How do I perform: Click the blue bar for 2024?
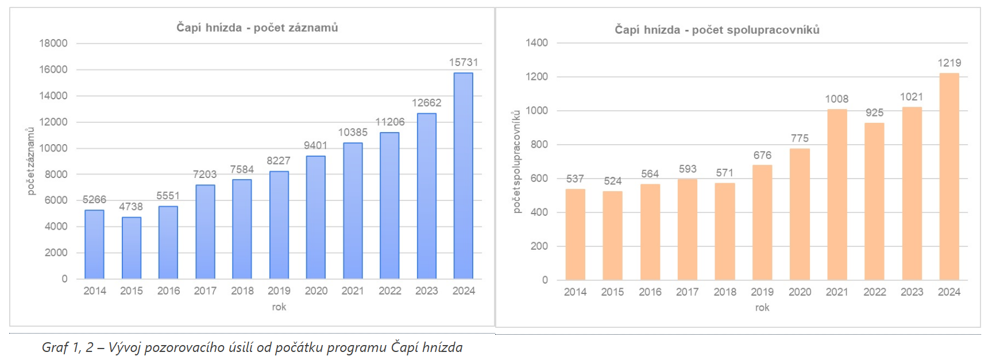click(463, 175)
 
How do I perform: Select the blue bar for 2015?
click(132, 247)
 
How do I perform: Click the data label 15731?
click(463, 63)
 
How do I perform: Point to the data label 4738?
click(131, 207)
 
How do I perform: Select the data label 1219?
click(949, 63)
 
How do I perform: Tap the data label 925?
click(874, 113)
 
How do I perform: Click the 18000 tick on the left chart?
click(53, 44)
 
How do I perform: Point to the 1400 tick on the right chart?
click(536, 43)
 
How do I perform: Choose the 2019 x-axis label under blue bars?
click(279, 291)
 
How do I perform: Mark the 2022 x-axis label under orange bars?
click(874, 292)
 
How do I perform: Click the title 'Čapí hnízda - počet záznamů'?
click(257, 28)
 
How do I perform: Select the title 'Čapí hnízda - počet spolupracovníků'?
click(717, 30)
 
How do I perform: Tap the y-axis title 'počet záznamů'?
click(31, 161)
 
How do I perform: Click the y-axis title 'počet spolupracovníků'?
click(516, 161)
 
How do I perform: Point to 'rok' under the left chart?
click(279, 307)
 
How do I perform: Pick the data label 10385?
click(353, 133)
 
